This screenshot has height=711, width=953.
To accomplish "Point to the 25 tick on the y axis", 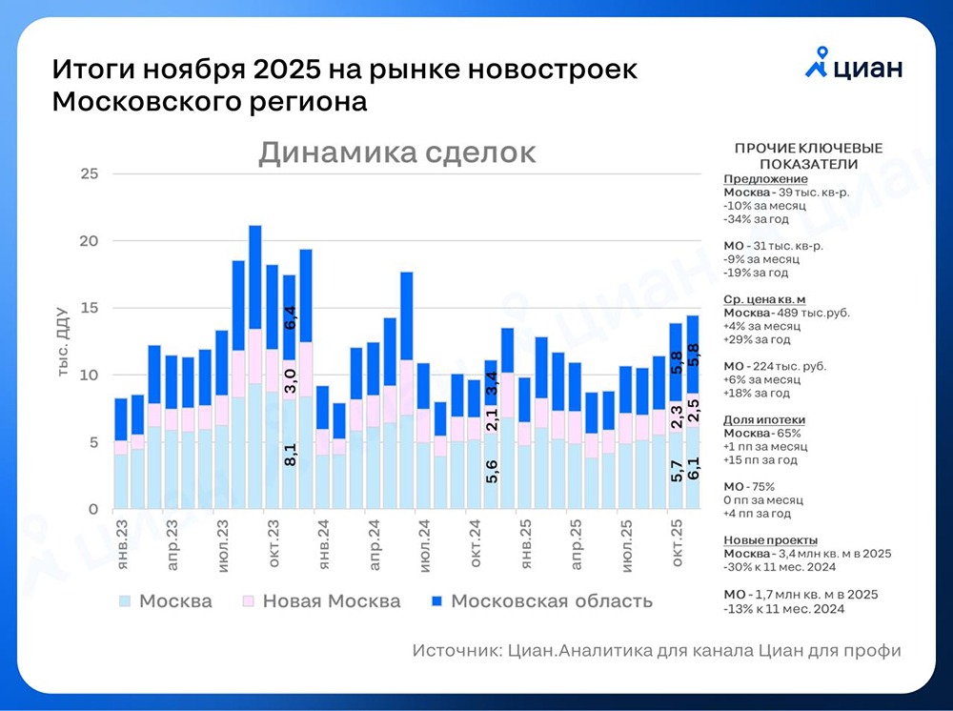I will [x=90, y=173].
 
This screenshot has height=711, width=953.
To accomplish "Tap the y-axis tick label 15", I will [x=90, y=308].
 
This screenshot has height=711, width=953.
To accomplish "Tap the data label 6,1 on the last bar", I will [x=694, y=468].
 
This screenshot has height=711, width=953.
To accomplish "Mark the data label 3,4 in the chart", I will [x=492, y=383].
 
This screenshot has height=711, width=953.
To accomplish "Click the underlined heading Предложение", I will [x=765, y=178].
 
